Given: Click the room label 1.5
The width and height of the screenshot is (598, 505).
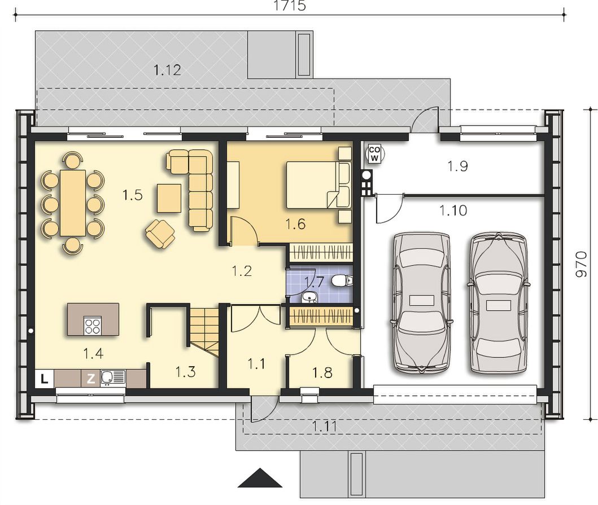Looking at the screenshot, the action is click(132, 195).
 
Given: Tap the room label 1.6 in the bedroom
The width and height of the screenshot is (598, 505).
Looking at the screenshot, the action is click(295, 224).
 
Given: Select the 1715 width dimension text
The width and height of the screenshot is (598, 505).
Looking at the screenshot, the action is click(290, 6).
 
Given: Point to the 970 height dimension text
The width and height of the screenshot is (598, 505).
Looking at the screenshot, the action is click(581, 264).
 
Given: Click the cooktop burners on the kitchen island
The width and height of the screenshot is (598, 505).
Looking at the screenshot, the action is click(93, 326).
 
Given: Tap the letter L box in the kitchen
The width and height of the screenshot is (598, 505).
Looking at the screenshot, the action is click(45, 379).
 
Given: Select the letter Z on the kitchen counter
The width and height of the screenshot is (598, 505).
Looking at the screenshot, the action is click(91, 379).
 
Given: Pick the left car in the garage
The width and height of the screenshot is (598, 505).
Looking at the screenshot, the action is click(422, 303).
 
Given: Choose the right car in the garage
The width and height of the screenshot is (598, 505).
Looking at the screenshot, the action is click(497, 303).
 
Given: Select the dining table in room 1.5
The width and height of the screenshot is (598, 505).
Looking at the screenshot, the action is click(72, 203).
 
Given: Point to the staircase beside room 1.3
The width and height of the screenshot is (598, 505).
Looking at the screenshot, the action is click(204, 332).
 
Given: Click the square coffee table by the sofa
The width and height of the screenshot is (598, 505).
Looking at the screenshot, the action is click(169, 198).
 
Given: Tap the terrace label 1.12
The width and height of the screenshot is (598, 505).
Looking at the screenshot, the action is click(167, 70).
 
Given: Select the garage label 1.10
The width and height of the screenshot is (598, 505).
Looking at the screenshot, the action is click(453, 210).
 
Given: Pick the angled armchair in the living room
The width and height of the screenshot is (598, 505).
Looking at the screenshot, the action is click(160, 234).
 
